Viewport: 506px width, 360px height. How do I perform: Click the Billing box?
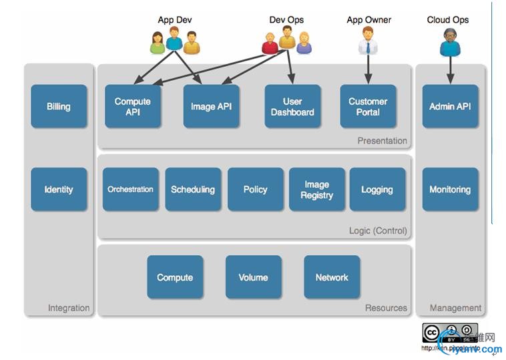click(x=59, y=106)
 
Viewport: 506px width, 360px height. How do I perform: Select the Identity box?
click(x=59, y=190)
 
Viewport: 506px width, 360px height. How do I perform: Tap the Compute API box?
click(x=133, y=106)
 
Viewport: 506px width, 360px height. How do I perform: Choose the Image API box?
click(x=211, y=106)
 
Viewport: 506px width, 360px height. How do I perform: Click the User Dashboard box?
click(x=292, y=106)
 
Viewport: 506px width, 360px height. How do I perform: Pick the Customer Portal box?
click(x=368, y=106)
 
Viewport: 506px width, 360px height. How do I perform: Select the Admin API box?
click(x=450, y=106)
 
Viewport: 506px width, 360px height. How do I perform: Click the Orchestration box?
click(x=131, y=190)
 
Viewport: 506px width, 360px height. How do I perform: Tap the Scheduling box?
click(x=193, y=190)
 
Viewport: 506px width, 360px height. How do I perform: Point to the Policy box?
click(x=255, y=190)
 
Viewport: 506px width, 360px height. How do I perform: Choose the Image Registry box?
click(x=316, y=190)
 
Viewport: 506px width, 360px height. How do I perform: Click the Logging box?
click(x=377, y=190)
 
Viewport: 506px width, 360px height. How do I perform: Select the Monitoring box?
click(x=450, y=190)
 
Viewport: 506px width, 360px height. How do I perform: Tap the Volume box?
click(x=254, y=277)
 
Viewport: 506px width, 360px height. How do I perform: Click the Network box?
click(x=332, y=277)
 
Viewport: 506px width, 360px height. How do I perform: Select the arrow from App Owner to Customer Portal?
click(x=368, y=69)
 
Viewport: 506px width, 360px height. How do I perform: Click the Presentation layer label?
click(x=382, y=141)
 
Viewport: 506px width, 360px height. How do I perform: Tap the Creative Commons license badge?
click(x=441, y=333)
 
